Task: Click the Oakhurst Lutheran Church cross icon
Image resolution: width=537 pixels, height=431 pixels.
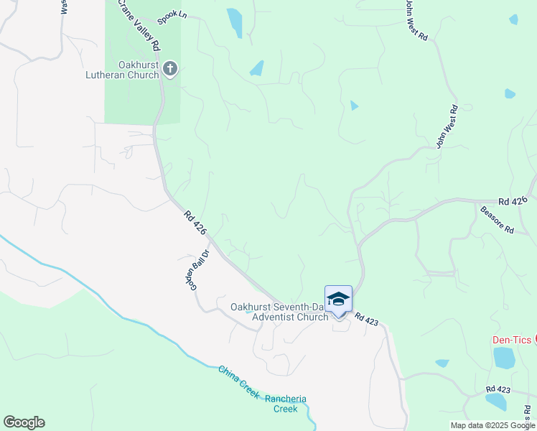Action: coord(170,69)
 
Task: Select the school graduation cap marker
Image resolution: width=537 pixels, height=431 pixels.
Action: coord(338,299)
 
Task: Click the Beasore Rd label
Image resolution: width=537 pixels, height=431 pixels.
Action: coord(497,221)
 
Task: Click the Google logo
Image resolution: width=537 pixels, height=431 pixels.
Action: coord(24,422)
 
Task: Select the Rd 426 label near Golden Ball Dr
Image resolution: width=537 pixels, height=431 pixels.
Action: coord(195,223)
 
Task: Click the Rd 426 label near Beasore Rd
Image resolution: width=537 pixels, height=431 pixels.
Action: coord(513,202)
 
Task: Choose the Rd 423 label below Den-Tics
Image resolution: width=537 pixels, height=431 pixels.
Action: coord(497,389)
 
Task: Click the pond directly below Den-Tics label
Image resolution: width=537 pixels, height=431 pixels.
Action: coord(504,358)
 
